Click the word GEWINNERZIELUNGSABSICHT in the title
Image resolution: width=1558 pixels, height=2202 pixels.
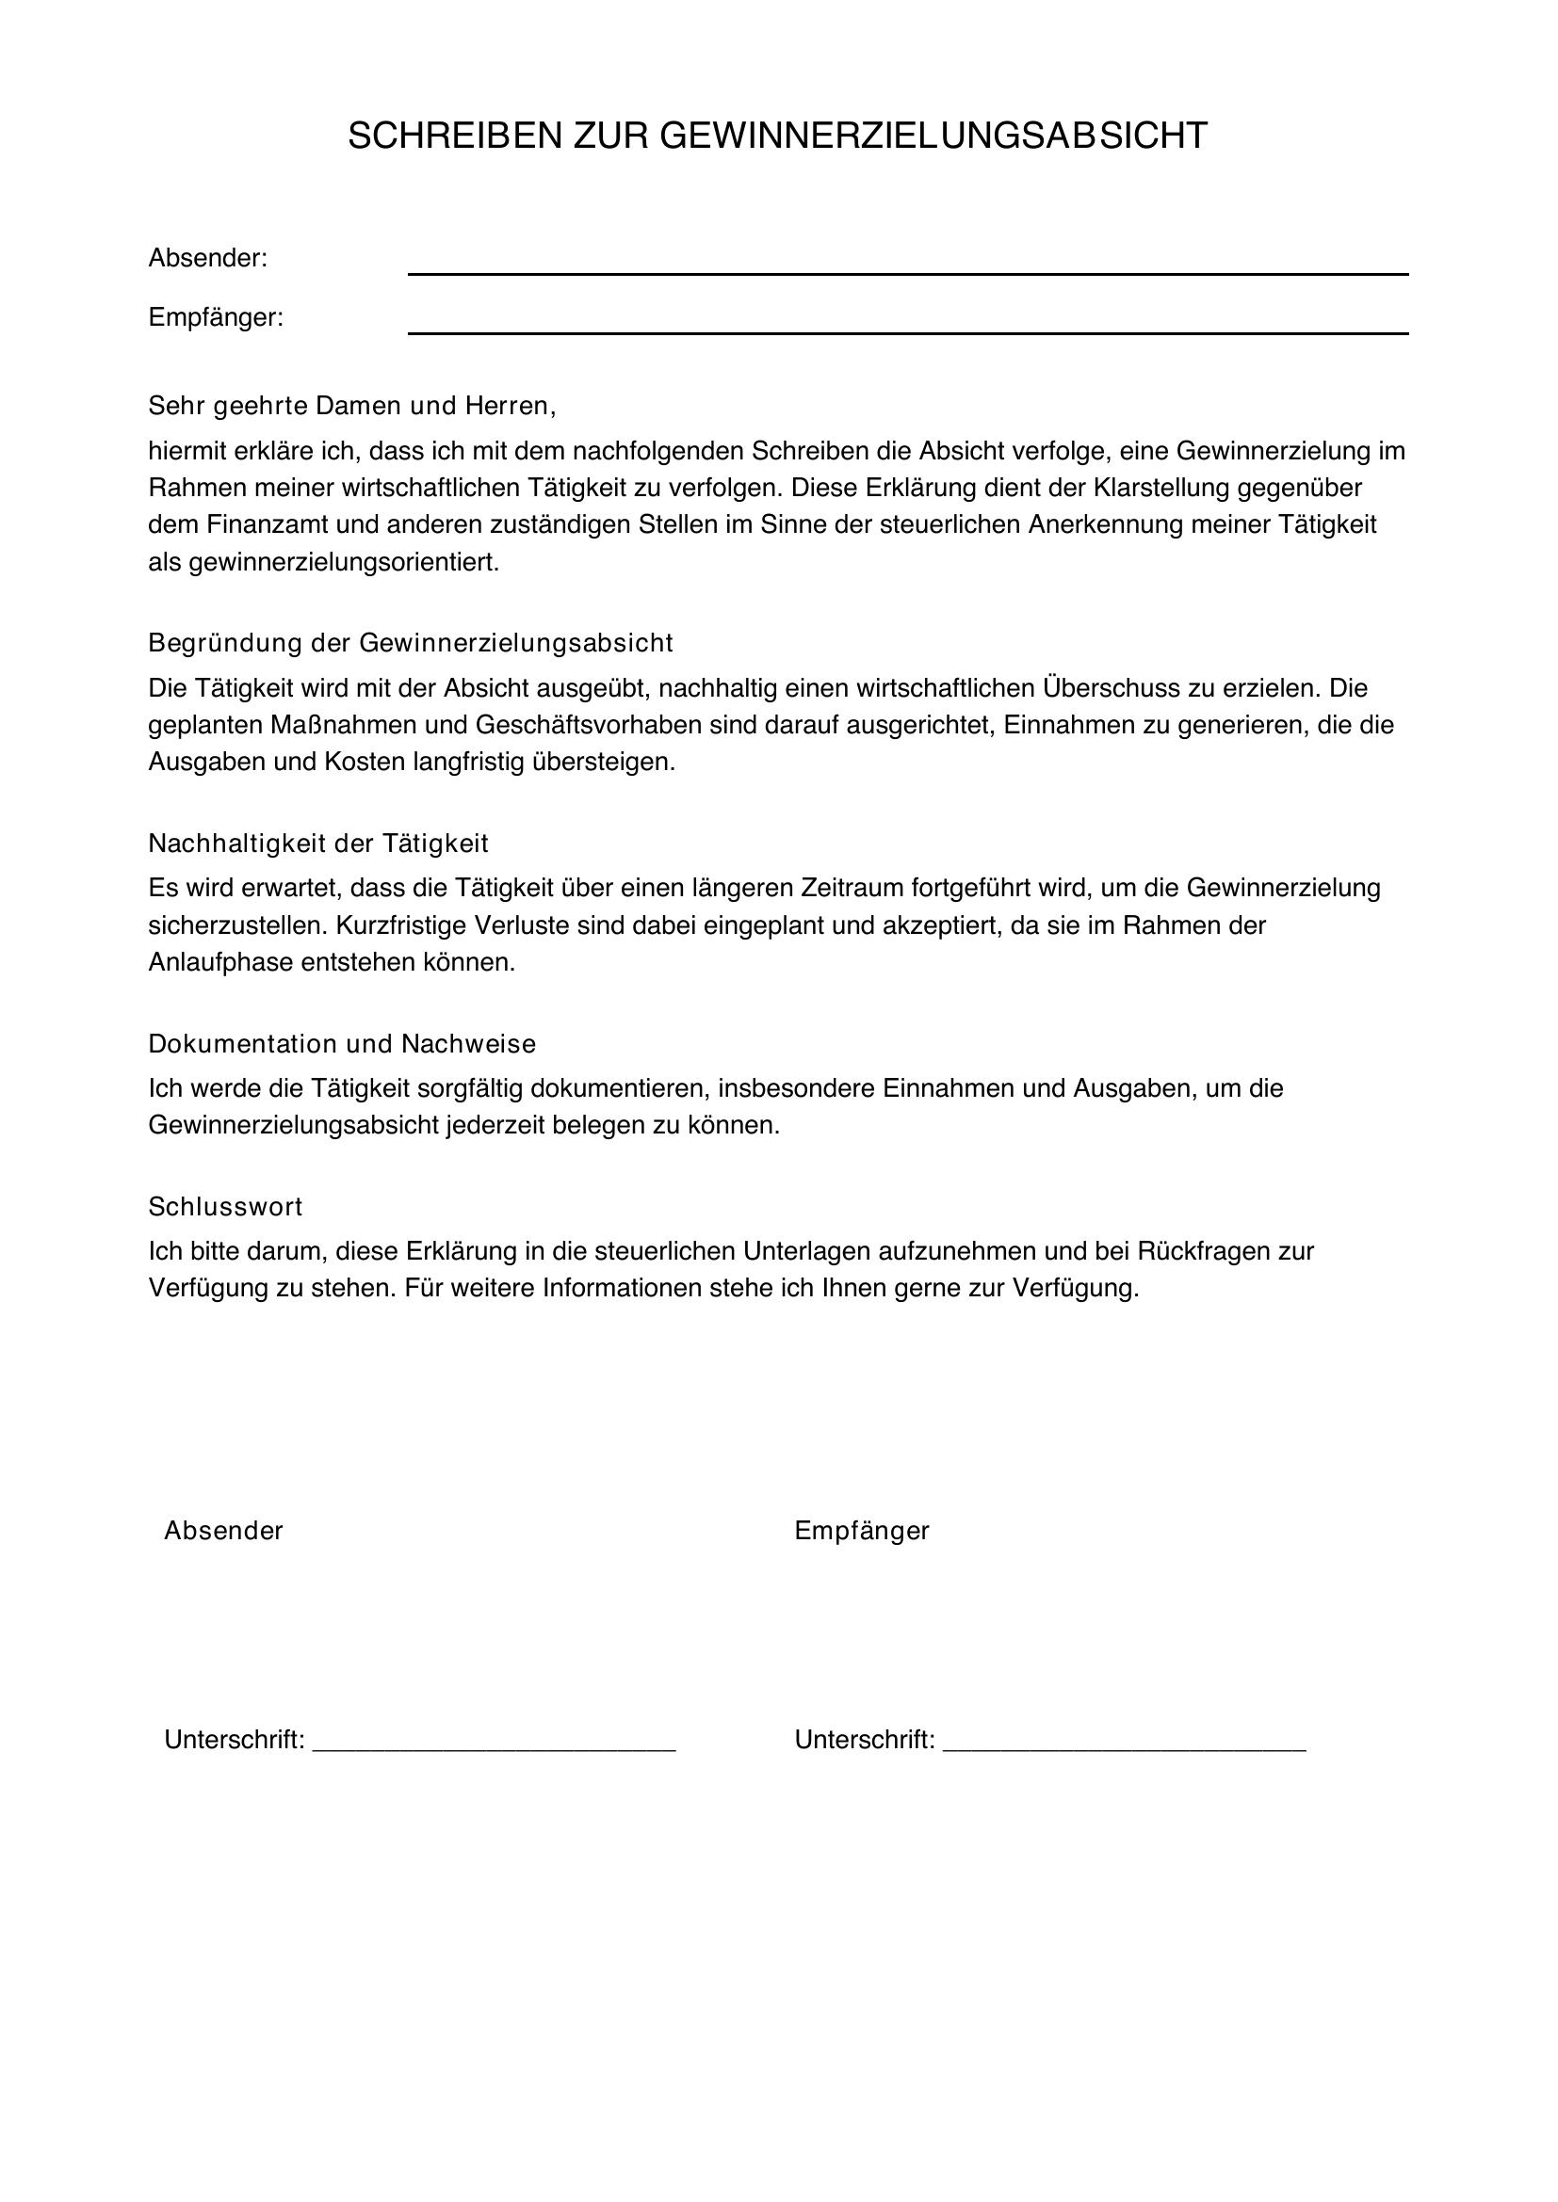933,137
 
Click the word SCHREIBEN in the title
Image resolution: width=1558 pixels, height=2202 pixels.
455,137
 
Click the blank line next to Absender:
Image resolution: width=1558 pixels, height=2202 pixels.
907,271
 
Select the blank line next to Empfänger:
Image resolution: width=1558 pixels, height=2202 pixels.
907,330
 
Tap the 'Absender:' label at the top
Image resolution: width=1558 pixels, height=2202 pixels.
207,258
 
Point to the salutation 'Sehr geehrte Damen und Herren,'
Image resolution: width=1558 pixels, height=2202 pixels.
352,406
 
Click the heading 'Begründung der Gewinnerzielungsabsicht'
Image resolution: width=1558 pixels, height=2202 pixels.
411,643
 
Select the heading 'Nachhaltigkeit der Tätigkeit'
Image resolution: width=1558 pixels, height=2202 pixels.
318,843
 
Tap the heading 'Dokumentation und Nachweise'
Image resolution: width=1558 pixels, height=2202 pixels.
343,1043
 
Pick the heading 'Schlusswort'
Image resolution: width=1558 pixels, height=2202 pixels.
225,1207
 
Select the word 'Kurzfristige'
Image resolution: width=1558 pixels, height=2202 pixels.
422,925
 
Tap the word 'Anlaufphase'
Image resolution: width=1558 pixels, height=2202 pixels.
219,962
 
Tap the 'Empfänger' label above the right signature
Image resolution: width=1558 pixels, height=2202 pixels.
862,1531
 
